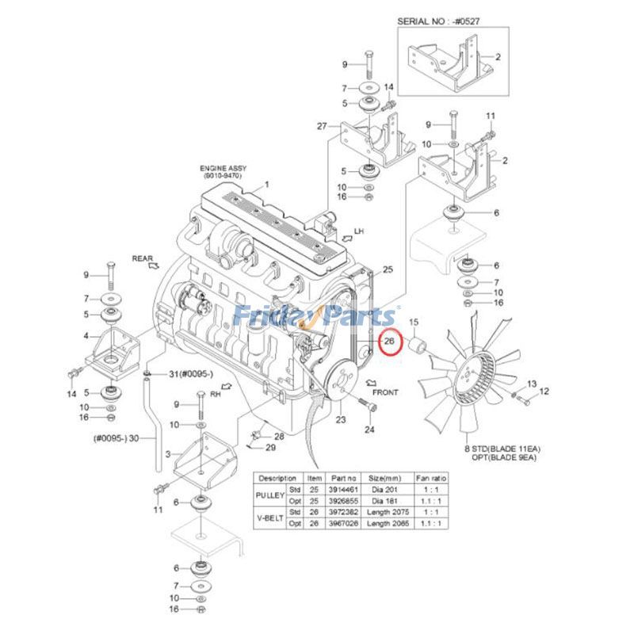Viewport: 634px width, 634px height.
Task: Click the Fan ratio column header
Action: pos(432,479)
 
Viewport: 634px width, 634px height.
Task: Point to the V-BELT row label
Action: pos(269,518)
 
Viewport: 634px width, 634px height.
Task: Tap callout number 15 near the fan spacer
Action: pos(413,322)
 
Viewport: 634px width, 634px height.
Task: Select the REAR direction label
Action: pos(142,258)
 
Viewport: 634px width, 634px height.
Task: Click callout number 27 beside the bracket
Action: pos(322,126)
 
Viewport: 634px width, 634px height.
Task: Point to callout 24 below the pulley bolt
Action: pos(369,430)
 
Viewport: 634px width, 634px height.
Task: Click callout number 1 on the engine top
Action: pos(267,184)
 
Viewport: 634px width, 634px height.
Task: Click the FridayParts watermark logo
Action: pos(317,317)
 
